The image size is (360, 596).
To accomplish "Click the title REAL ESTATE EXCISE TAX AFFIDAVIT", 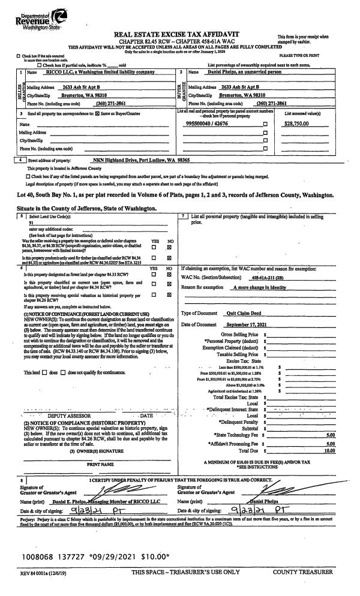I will tap(178, 34).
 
